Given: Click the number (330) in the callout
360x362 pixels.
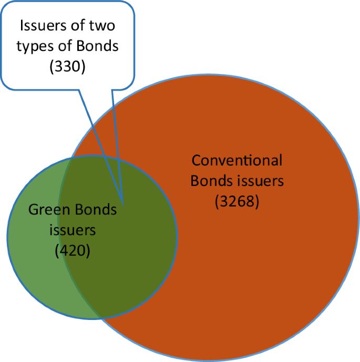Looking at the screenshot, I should point(67,67).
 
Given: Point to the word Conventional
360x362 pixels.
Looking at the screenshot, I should point(237,160).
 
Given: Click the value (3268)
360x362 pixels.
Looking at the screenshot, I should point(237,202).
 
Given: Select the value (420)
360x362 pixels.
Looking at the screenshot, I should point(73,251).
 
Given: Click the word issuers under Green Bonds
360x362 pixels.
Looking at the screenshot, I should point(73,230).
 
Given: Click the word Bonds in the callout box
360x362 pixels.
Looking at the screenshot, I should point(99,46).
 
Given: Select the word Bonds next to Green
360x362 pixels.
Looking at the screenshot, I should point(96,210).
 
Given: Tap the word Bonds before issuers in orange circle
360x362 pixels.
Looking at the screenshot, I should point(210,181).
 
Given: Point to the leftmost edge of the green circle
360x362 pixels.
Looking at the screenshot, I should point(8,236).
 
